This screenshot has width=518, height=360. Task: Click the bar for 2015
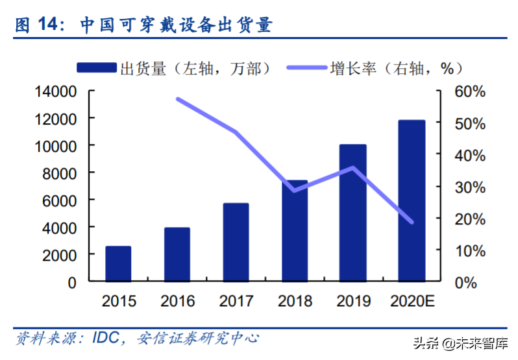point(118,264)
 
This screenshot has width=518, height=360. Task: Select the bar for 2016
point(177,255)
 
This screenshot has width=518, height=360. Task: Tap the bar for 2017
point(236,243)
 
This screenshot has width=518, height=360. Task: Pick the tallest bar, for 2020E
point(412,201)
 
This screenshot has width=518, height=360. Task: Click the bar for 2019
point(353,213)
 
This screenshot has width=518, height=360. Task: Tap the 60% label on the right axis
point(469,91)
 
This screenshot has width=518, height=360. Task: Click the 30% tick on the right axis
point(469,187)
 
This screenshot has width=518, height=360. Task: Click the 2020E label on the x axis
point(412,302)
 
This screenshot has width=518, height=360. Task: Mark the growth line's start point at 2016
point(178,99)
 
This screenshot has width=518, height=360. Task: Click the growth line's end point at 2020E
point(412,222)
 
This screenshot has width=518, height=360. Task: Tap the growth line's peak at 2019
point(353,168)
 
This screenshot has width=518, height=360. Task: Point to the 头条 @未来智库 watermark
point(464,342)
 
